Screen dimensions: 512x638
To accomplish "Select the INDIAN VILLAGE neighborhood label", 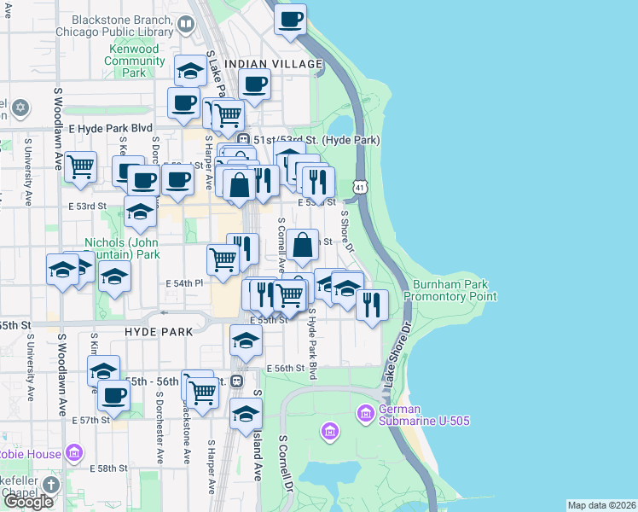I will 274,64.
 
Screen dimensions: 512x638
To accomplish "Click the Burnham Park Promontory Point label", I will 449,290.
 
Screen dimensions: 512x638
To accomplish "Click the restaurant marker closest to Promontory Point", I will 372,304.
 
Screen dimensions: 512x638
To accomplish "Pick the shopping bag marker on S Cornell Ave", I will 303,245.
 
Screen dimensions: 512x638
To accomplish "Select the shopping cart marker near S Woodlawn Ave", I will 81,167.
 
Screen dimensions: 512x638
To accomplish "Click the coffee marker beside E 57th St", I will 114,395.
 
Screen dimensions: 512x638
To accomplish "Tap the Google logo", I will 28,502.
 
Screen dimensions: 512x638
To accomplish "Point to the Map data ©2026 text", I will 601,505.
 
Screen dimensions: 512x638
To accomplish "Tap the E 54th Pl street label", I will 185,282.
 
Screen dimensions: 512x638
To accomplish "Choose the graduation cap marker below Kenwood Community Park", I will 190,71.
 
